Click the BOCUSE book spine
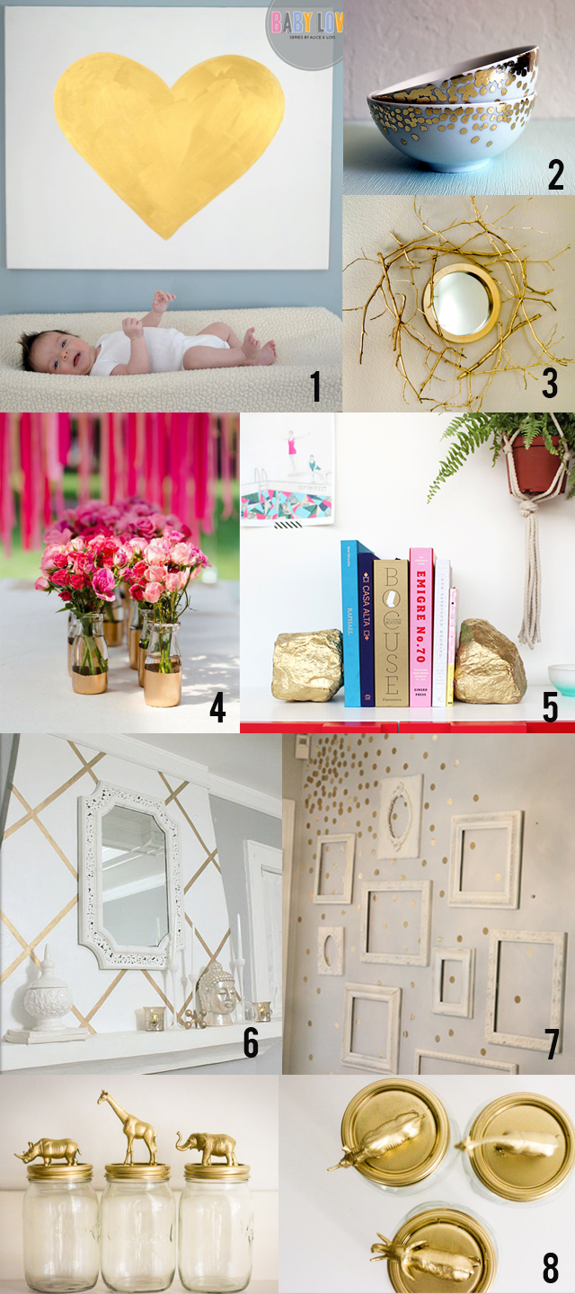(x=391, y=633)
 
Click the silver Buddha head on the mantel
(x=216, y=994)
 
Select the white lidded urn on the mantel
(x=49, y=997)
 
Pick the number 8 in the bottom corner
(x=551, y=1269)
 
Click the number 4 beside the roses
(x=218, y=707)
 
